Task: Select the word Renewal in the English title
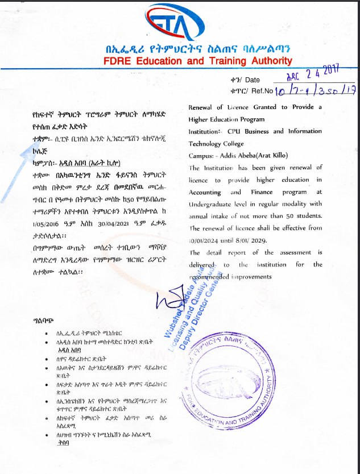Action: tap(202, 107)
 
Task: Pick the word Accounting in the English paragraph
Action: tap(206, 192)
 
